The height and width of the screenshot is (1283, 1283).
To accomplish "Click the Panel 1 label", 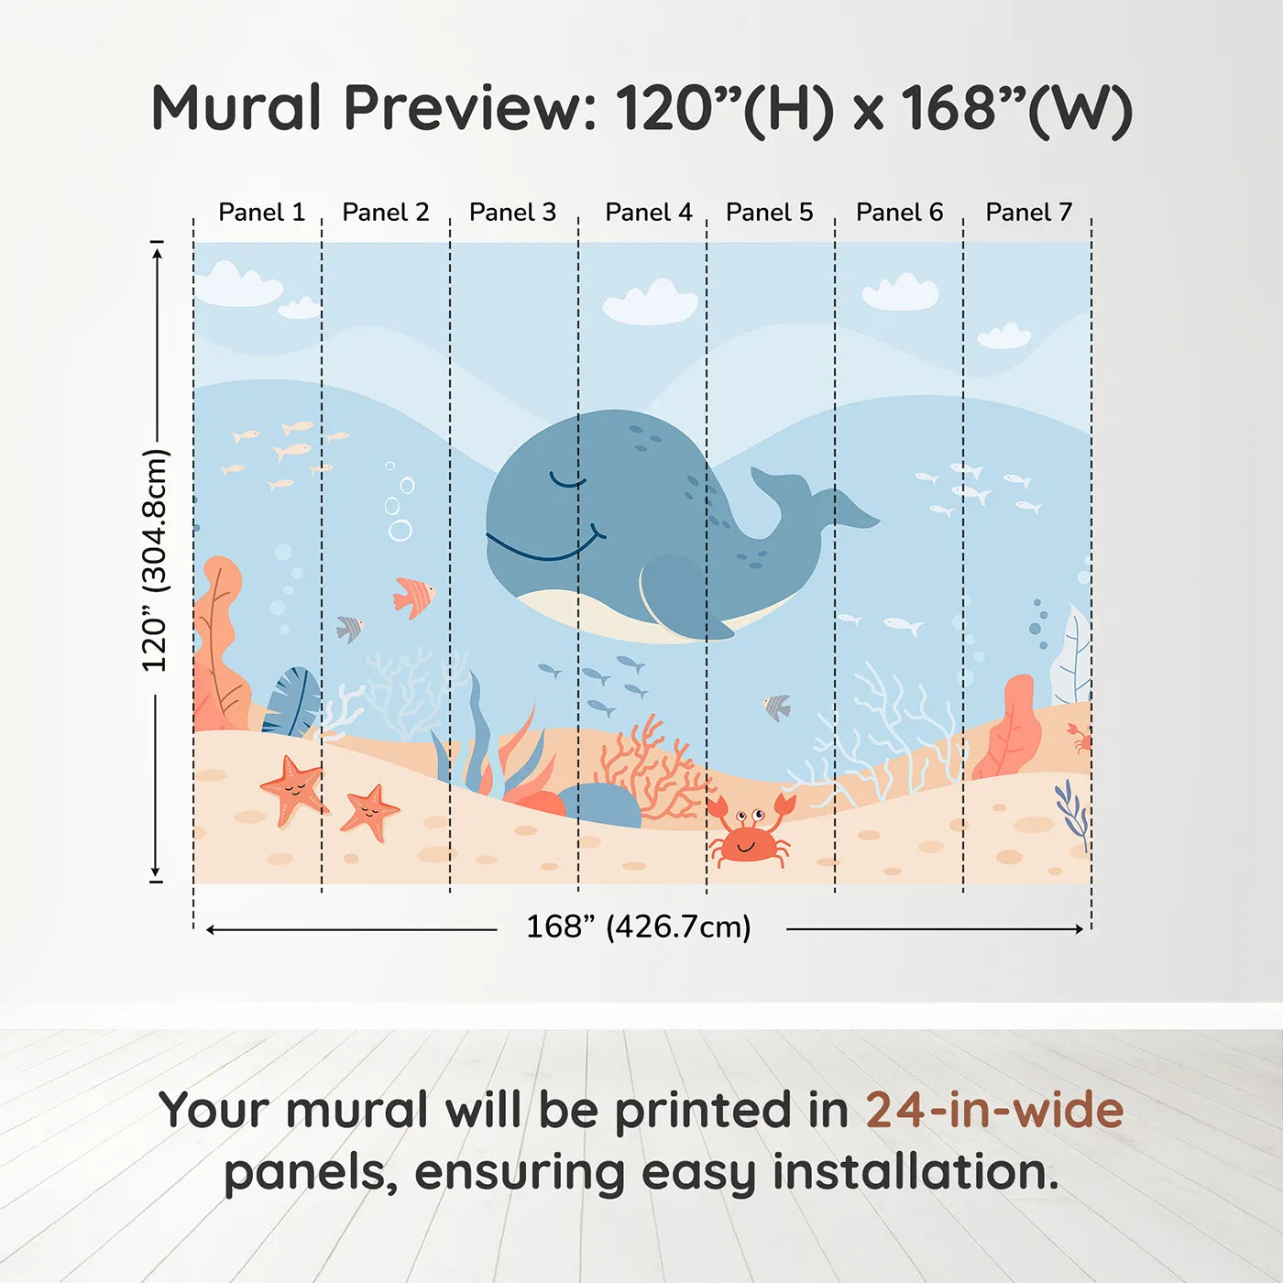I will click(261, 213).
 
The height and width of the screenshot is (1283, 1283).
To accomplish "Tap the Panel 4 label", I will click(648, 213).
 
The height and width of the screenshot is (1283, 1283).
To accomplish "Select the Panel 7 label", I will click(1028, 213).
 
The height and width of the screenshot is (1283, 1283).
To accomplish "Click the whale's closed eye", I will click(567, 480).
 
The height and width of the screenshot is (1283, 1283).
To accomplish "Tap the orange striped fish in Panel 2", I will click(412, 597).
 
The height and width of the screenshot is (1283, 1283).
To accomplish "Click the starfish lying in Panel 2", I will click(369, 811).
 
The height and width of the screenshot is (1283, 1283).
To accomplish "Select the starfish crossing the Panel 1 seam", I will click(293, 789).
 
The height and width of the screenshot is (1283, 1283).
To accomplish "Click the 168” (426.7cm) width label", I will click(639, 927).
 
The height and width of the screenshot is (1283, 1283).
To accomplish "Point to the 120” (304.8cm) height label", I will click(155, 561).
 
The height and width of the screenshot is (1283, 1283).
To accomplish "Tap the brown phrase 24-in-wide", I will click(994, 1110).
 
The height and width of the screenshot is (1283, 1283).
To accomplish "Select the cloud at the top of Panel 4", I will click(651, 303).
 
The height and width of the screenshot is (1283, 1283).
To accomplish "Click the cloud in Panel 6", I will click(901, 292).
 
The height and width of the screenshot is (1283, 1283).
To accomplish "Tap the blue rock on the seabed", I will click(600, 804).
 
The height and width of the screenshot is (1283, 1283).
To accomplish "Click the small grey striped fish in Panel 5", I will click(777, 707).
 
